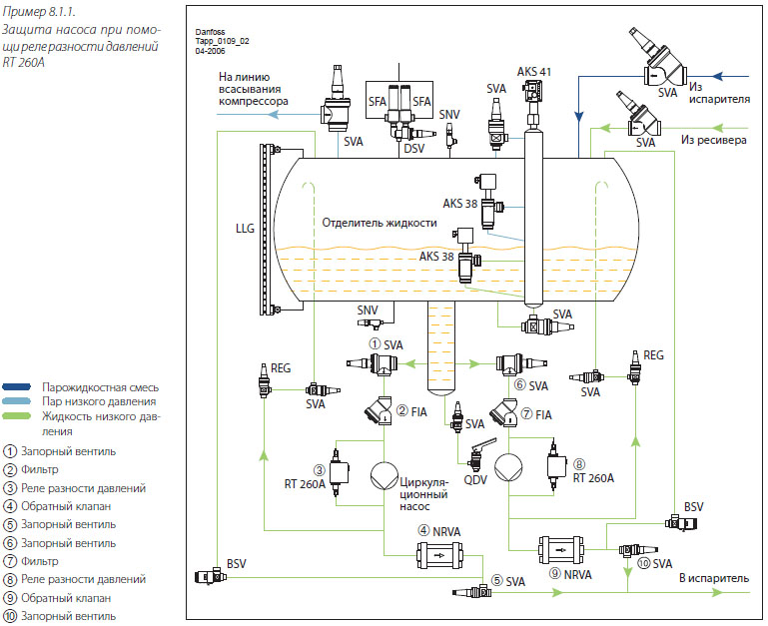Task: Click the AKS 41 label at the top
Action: (x=534, y=72)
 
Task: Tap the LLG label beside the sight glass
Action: (x=245, y=229)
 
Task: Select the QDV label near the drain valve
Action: (x=475, y=480)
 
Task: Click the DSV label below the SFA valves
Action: (x=413, y=148)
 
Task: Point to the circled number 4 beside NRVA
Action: (x=423, y=530)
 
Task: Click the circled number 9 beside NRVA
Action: (x=555, y=573)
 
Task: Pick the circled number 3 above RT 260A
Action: (x=320, y=470)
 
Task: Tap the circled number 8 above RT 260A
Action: (x=579, y=464)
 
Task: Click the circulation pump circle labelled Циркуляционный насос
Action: (x=384, y=476)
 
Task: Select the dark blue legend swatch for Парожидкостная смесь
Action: (x=17, y=387)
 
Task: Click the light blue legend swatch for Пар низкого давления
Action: (x=17, y=401)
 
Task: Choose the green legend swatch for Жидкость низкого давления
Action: (x=17, y=416)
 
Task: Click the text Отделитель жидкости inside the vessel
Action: (x=380, y=223)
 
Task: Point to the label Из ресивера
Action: (x=714, y=140)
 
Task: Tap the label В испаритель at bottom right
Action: (x=714, y=578)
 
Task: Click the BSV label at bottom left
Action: (x=236, y=564)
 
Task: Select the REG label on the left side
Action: (x=281, y=367)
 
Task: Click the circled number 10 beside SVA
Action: (x=643, y=563)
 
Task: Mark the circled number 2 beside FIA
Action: (x=402, y=410)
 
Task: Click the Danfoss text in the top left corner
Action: (x=210, y=32)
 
